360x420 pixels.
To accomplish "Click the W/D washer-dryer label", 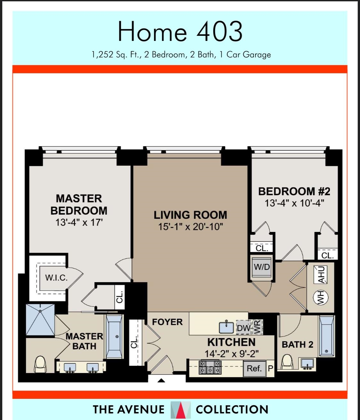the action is pyautogui.click(x=262, y=267).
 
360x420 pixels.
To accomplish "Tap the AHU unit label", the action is pyautogui.click(x=321, y=274).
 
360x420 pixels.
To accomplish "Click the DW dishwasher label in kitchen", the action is pyautogui.click(x=244, y=328).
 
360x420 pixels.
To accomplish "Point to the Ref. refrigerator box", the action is pyautogui.click(x=254, y=368).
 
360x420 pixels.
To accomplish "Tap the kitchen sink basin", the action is pyautogui.click(x=227, y=327).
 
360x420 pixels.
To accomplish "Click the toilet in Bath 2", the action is pyautogui.click(x=287, y=362).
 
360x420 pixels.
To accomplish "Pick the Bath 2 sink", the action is pyautogui.click(x=307, y=363).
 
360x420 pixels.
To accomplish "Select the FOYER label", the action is pyautogui.click(x=167, y=322).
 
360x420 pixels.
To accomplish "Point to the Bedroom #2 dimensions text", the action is pyautogui.click(x=294, y=203).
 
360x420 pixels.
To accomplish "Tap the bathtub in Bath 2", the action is pyautogui.click(x=326, y=336).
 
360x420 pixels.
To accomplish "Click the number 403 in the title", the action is pyautogui.click(x=219, y=32).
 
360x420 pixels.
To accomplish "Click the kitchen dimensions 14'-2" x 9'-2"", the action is pyautogui.click(x=232, y=354).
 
